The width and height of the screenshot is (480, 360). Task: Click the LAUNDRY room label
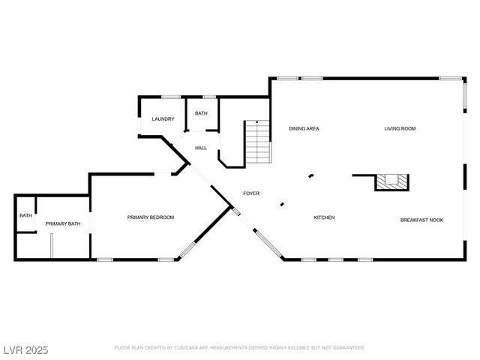tap(163, 119)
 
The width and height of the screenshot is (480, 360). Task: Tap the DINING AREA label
tap(304, 128)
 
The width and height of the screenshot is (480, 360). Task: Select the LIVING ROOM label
tap(400, 128)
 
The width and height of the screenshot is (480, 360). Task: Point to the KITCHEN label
tap(324, 217)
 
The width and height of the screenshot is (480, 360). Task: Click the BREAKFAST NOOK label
tap(421, 220)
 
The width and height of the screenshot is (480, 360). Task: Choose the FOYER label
tap(251, 193)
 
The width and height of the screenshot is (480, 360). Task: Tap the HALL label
tap(201, 148)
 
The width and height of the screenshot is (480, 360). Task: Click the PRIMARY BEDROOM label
tap(150, 217)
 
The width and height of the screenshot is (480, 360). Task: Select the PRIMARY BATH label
tap(63, 223)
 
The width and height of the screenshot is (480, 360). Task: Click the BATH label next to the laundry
tap(201, 113)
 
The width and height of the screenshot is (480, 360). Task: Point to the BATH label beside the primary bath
tap(25, 216)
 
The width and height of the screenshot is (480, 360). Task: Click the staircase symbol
tap(258, 142)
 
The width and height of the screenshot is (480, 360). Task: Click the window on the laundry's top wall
tap(171, 96)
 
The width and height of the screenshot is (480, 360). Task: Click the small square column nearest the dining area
tap(310, 176)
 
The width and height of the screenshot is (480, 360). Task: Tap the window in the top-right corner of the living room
tap(450, 78)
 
